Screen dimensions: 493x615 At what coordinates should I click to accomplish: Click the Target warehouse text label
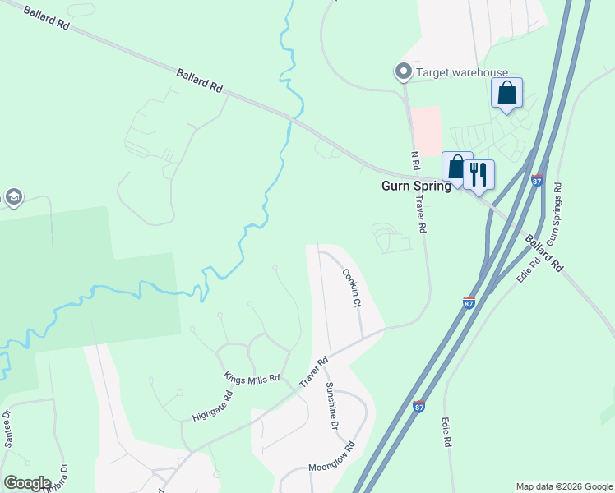pos(462,73)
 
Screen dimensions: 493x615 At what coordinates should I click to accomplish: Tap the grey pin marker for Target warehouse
pos(404,73)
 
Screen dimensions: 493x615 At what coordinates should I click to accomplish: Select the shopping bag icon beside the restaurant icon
pos(456,167)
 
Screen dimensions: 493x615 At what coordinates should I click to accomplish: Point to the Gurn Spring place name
pos(416,186)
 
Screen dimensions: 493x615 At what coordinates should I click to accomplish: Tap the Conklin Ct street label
pos(351,288)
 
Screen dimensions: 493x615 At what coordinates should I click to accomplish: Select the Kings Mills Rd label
pos(252,376)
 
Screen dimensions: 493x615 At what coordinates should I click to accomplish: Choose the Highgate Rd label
pos(213,403)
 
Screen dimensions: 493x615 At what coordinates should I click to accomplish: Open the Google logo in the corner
pos(27,483)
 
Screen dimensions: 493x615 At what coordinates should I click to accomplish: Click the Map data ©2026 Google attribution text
pos(563,486)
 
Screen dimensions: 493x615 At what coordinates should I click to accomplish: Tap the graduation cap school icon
pos(12,197)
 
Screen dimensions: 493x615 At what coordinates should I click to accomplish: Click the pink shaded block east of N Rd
pos(426,131)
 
